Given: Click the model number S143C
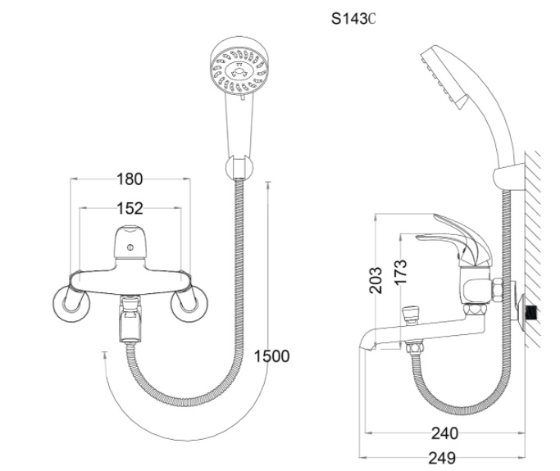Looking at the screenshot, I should tap(353, 18).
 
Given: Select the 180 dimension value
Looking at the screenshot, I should tap(129, 179).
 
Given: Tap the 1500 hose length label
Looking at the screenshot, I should tap(271, 356).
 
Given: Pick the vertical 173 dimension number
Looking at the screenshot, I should tap(400, 271).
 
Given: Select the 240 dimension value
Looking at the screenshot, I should tap(445, 433).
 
